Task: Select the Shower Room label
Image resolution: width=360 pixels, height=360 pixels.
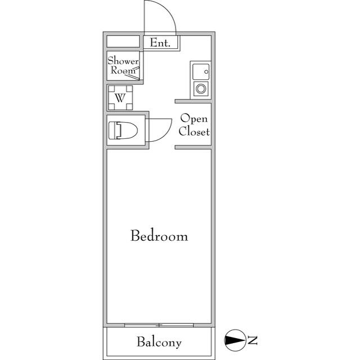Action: coord(123,65)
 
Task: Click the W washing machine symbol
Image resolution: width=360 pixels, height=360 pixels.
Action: coord(120,98)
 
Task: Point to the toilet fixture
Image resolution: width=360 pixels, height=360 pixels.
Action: coord(124,130)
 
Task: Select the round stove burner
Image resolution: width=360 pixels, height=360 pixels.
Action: coord(200,89)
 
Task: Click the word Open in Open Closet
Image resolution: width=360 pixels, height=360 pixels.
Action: coord(194,119)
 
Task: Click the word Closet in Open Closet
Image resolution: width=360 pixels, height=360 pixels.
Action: coord(194,132)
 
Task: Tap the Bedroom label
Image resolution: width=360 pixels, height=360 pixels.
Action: coord(159,236)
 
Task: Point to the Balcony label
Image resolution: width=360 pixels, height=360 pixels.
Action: coord(159,342)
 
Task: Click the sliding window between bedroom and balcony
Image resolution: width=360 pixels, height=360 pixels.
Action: coord(159,325)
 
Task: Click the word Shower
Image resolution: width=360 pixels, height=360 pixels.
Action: coord(123,60)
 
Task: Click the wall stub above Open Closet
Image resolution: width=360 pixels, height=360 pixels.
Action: coord(193,101)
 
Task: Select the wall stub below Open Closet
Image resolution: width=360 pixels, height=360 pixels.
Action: coord(193,147)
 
